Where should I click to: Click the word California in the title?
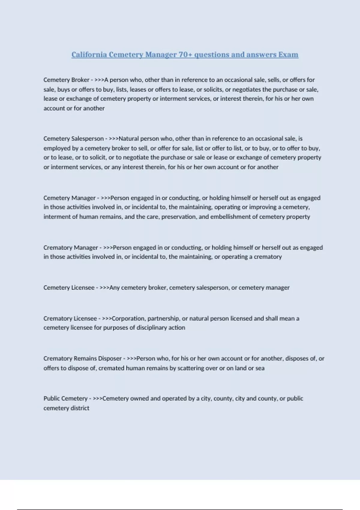point(89,55)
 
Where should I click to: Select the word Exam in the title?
point(288,55)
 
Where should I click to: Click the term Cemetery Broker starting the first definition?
point(66,80)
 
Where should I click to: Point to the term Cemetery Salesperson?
point(73,139)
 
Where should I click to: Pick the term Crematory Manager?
point(70,247)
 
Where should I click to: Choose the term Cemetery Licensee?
point(69,287)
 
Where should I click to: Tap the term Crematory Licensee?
point(70,318)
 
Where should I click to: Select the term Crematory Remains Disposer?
point(82,358)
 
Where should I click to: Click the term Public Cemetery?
point(65,398)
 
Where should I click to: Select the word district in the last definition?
point(80,408)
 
